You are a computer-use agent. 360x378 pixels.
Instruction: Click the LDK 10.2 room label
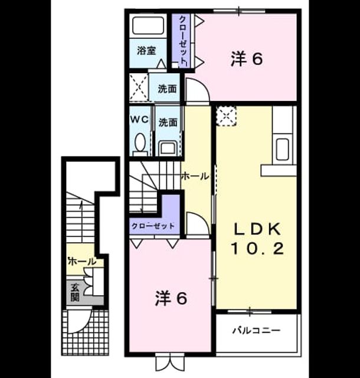[257, 239]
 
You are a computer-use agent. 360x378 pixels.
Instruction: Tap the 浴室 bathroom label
[146, 51]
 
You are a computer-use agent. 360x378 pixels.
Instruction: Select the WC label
[139, 119]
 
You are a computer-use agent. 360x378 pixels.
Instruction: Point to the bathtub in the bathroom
[148, 25]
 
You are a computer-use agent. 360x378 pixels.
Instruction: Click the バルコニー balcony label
[256, 330]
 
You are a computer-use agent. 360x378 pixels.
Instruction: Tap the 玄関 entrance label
[75, 292]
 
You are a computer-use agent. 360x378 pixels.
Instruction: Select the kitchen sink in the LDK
[283, 149]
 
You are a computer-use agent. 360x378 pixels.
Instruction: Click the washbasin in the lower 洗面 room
[168, 148]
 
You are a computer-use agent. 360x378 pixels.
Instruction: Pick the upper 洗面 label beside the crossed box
[167, 89]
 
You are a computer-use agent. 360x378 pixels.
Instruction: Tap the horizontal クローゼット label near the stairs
[153, 226]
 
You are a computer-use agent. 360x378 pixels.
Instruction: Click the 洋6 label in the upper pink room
[247, 59]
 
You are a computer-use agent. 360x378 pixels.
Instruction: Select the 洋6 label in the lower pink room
[171, 298]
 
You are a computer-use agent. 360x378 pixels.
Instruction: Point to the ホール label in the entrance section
[82, 261]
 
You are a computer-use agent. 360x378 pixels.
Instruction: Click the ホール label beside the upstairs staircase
[195, 177]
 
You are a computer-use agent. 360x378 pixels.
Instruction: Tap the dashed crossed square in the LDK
[226, 116]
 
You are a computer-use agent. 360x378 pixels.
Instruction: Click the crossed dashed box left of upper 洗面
[139, 87]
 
